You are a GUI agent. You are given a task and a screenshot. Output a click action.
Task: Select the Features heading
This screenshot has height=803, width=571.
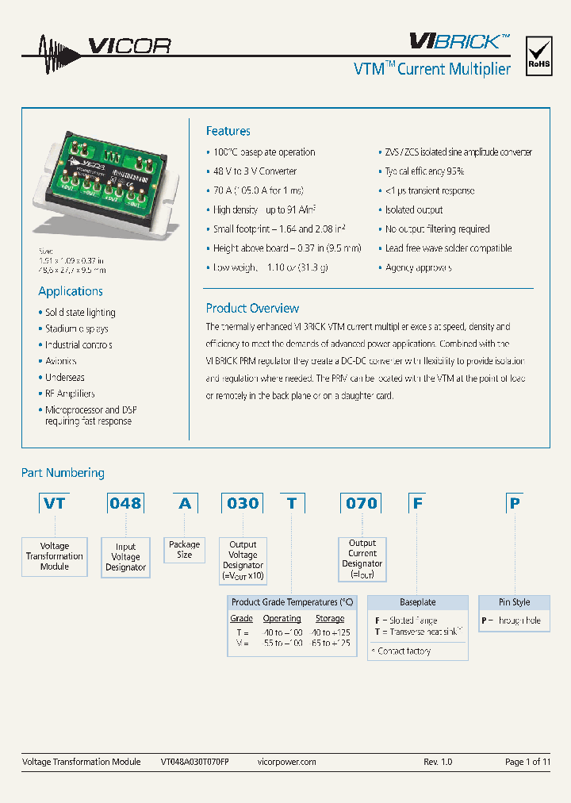[x=228, y=131]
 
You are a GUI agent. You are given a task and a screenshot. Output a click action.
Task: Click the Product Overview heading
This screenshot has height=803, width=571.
[x=252, y=308]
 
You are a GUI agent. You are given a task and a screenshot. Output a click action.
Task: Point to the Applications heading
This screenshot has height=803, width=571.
[x=71, y=291]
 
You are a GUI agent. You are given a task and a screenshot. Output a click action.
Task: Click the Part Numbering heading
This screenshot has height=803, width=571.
[x=63, y=473]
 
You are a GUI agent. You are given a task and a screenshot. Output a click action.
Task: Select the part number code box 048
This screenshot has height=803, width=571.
[x=125, y=503]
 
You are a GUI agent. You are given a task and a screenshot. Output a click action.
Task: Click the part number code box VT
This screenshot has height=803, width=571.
[x=55, y=503]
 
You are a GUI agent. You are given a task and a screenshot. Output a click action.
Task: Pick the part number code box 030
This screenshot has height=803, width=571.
[x=243, y=503]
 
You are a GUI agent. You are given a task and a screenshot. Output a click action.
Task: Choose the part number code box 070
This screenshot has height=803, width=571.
[x=362, y=503]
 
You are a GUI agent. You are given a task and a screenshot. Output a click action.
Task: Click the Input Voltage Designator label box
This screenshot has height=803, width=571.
[x=125, y=557]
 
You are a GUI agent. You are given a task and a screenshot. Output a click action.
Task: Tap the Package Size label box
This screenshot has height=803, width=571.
[x=184, y=550]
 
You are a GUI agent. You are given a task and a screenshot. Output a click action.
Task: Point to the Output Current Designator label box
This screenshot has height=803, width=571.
[x=362, y=559]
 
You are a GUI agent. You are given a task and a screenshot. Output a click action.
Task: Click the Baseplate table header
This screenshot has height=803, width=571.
[x=417, y=602]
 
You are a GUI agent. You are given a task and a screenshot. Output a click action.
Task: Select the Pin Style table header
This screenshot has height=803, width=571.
[x=514, y=602]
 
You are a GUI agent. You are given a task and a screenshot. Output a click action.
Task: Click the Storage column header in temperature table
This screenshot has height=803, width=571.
[x=330, y=618]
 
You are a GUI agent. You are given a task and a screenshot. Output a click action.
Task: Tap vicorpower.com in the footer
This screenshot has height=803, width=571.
[x=287, y=762]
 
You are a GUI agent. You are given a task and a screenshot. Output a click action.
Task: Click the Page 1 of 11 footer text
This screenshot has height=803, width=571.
[x=527, y=762]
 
